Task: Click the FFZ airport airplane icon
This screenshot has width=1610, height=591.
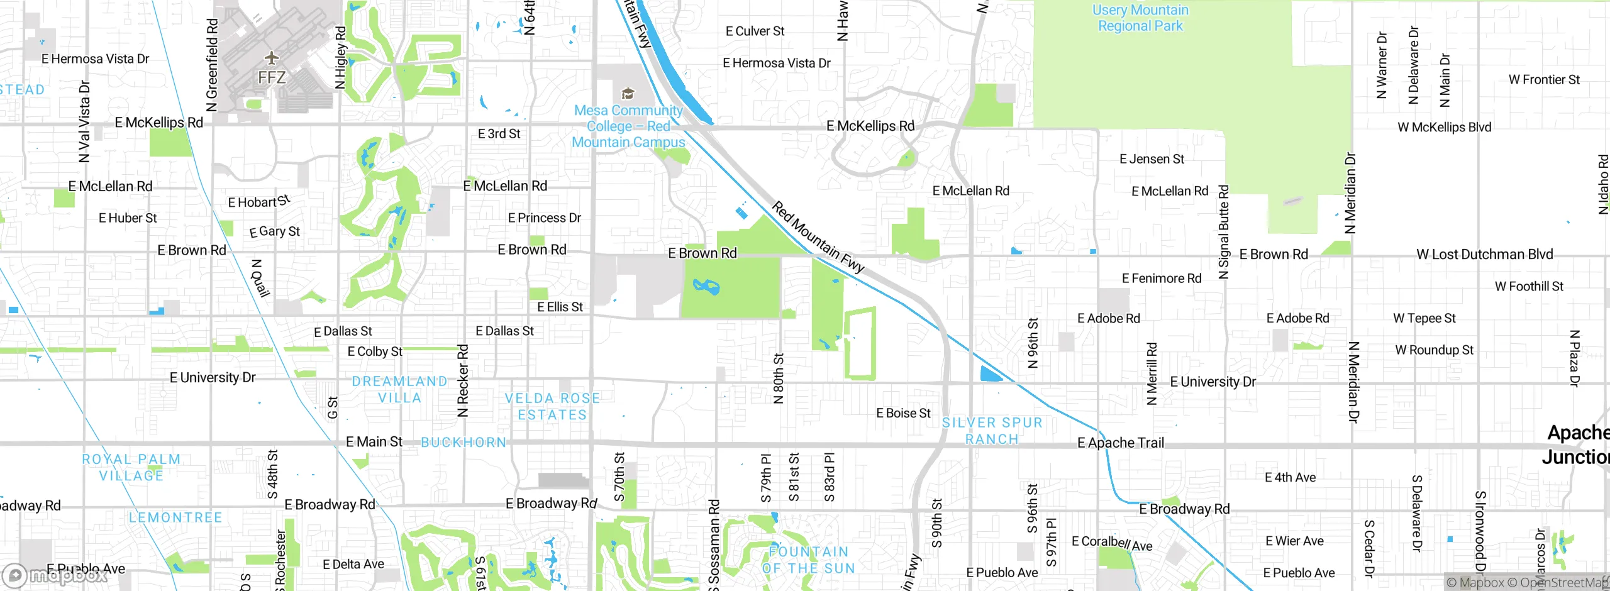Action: [x=271, y=58]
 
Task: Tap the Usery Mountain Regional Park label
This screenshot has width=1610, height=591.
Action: [x=1140, y=18]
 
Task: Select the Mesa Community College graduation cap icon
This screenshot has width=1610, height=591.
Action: [x=627, y=94]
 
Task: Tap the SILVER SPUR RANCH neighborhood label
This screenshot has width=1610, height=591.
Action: [x=992, y=431]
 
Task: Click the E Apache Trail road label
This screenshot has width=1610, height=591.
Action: [x=1120, y=443]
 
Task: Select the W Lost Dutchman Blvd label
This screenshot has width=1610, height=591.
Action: [x=1484, y=254]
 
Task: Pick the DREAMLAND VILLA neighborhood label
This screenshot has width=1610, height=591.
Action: [x=399, y=389]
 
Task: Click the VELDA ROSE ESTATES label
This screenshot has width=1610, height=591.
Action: [x=552, y=406]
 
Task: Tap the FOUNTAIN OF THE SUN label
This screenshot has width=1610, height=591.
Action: [x=808, y=560]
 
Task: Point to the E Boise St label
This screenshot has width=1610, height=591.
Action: [x=903, y=413]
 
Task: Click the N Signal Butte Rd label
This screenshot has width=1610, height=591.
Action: [x=1223, y=231]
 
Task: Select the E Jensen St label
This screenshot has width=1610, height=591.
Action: [x=1152, y=159]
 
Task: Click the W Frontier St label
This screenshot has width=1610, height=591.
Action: [x=1544, y=80]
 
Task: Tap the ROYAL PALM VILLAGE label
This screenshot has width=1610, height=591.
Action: [x=131, y=467]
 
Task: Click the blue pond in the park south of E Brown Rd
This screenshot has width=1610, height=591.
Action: [x=706, y=287]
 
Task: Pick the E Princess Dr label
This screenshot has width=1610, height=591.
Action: [x=544, y=218]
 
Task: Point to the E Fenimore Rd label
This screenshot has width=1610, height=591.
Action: [x=1161, y=278]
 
